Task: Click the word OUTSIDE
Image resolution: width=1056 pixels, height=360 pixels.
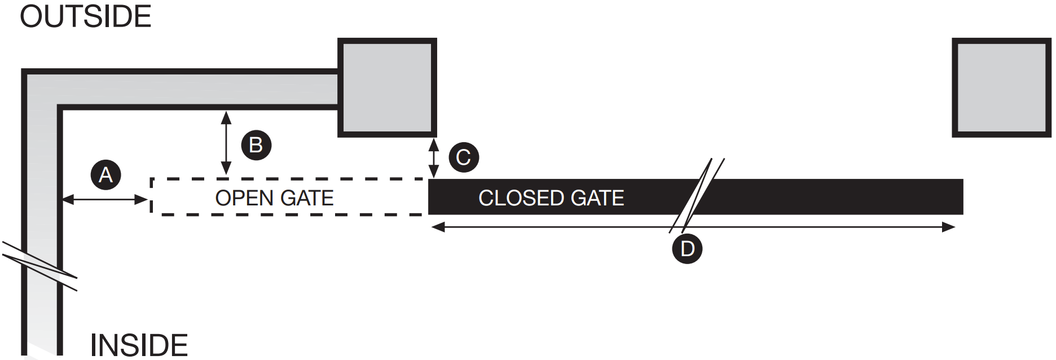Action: [86, 17]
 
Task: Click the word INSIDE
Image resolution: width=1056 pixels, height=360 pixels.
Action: [139, 345]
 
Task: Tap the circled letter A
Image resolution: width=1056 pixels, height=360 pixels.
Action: [105, 175]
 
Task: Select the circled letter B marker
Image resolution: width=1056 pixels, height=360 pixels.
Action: [256, 145]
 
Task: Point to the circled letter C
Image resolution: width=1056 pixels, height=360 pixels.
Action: [464, 157]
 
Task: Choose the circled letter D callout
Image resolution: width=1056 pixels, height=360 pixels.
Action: [687, 249]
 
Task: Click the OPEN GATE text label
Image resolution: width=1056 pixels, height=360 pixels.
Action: [274, 198]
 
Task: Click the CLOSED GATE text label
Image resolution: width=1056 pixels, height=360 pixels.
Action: [551, 198]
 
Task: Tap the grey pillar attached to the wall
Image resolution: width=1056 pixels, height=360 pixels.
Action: [387, 87]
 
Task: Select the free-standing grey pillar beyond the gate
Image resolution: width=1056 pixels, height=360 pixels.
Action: [1001, 87]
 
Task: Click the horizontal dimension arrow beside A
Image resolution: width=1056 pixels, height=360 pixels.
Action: [105, 199]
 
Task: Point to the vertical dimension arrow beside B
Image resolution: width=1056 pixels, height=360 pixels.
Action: [226, 143]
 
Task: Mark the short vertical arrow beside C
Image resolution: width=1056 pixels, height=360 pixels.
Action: [433, 157]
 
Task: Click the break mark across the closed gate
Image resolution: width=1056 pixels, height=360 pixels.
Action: [697, 195]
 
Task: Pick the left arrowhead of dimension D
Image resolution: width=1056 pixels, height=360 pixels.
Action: [438, 227]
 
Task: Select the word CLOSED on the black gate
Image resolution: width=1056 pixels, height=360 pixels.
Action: [521, 198]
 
